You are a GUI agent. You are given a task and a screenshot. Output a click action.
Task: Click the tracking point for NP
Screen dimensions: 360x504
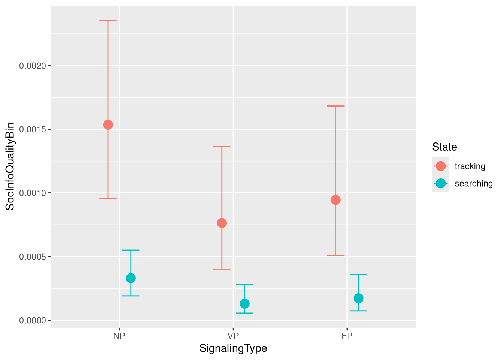click(108, 125)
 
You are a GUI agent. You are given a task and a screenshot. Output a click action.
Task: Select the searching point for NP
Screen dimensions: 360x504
click(131, 278)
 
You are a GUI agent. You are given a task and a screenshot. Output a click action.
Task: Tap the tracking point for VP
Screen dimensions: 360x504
click(222, 223)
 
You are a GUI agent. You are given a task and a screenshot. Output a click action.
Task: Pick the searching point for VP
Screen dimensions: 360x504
click(244, 303)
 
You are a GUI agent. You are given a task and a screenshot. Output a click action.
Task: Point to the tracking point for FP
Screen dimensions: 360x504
click(336, 200)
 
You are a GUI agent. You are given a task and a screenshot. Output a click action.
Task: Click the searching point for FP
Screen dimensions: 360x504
click(358, 298)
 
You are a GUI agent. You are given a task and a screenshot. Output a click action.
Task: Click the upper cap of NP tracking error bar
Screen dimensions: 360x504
click(108, 20)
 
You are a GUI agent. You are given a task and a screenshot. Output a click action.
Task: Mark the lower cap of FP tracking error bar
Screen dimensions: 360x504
click(336, 255)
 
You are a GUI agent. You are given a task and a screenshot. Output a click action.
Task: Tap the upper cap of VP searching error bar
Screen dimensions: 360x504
click(244, 285)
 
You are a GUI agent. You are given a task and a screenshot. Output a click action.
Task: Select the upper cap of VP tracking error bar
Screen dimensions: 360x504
click(222, 147)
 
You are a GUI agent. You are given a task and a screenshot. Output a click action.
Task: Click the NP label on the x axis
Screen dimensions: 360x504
click(119, 336)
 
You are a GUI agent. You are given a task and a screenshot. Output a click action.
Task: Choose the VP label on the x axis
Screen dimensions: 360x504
click(233, 336)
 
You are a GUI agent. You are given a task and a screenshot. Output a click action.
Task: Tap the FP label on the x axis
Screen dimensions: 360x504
click(347, 336)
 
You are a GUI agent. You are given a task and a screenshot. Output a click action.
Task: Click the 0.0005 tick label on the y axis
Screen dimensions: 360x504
click(33, 257)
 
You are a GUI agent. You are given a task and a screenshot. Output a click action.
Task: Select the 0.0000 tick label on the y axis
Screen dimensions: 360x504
click(33, 321)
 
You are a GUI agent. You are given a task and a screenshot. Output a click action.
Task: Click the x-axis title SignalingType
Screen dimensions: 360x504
click(233, 348)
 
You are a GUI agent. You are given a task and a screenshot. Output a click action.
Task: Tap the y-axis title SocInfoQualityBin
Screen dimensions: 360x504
click(10, 166)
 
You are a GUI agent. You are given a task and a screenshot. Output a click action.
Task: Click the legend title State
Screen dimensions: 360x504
click(444, 147)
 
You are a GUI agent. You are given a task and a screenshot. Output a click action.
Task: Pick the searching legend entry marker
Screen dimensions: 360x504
click(441, 183)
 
